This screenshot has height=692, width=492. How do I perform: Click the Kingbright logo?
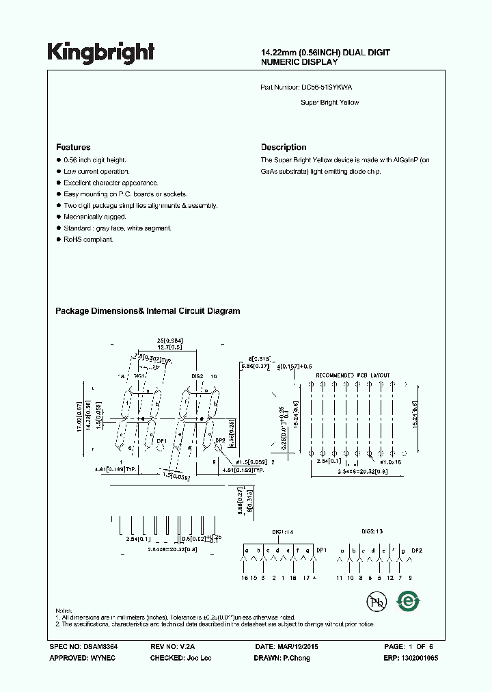coord(100,52)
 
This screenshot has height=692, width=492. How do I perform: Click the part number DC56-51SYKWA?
coord(327,88)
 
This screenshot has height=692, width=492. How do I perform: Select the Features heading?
coord(73,147)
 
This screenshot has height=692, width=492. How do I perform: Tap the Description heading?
coord(284,147)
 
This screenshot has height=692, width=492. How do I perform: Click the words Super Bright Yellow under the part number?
coord(329,103)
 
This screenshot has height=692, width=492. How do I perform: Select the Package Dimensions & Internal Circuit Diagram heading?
coord(148,311)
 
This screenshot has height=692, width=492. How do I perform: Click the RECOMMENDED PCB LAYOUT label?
coord(353,375)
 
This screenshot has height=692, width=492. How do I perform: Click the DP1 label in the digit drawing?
coord(161,442)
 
